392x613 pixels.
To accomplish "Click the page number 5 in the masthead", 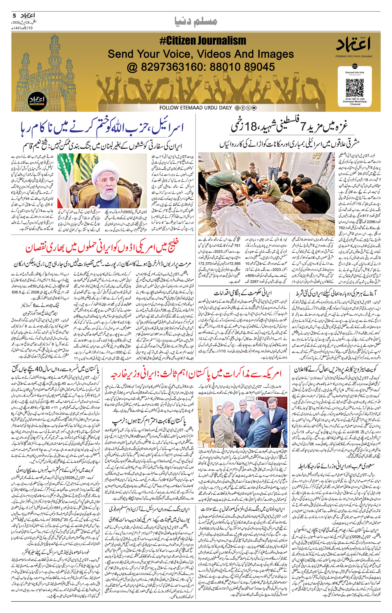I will coord(14,15).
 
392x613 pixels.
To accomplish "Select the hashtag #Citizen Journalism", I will coord(203,41).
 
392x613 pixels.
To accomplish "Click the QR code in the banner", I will coord(355,88).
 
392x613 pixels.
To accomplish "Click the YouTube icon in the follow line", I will coord(254,108).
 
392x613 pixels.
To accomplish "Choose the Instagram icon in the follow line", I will coord(237,108).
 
